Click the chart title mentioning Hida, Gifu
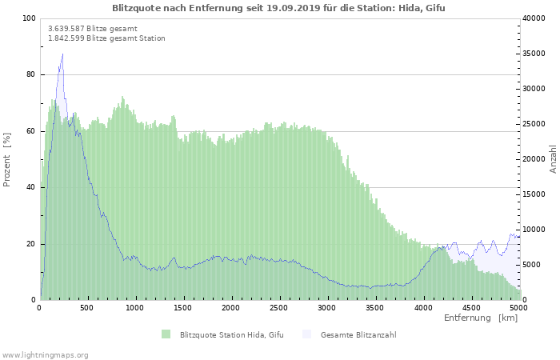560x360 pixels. click(x=278, y=8)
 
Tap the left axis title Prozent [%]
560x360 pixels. click(x=7, y=160)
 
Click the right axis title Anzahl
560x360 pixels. click(x=553, y=159)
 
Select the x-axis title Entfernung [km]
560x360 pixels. click(x=481, y=318)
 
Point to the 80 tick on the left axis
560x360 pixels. click(x=31, y=74)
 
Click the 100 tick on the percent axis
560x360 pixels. click(x=29, y=18)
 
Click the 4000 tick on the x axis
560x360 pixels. click(x=422, y=307)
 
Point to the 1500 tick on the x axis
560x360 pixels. click(x=183, y=307)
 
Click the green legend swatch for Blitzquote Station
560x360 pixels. click(x=166, y=334)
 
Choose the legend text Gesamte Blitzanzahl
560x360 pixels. click(x=358, y=334)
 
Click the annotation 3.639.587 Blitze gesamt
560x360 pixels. click(x=92, y=28)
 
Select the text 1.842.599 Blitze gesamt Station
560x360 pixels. click(x=106, y=38)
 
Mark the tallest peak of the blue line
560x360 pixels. click(x=62, y=54)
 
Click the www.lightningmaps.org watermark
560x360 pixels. click(x=45, y=354)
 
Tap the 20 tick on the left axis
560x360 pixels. click(x=31, y=243)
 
